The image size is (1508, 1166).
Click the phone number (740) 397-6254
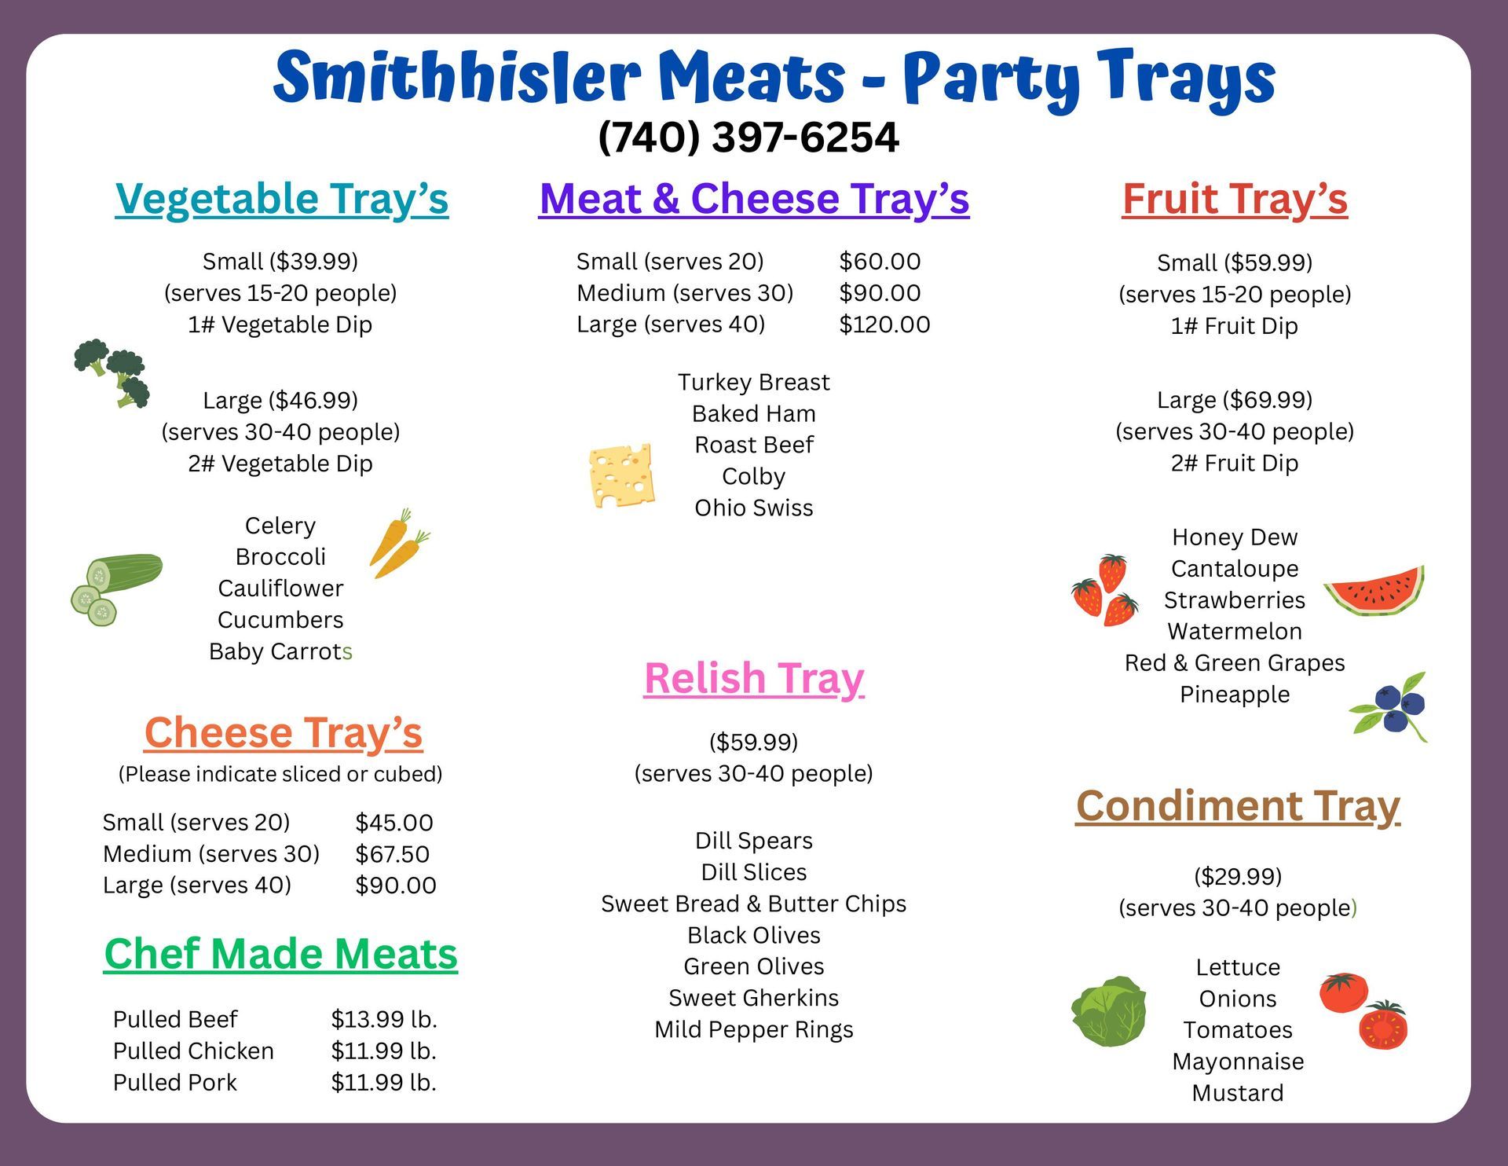748,137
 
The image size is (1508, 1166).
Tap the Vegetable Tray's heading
281,198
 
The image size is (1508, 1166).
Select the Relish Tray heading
753,678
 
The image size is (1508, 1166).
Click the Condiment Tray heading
1237,806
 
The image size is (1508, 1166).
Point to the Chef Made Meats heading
280,954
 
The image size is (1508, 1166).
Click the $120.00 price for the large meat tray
884,324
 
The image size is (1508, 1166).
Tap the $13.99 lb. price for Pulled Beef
383,1019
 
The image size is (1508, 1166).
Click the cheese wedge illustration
621,475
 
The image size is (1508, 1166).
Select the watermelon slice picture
1374,589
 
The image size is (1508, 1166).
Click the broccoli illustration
113,372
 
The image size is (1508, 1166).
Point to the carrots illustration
399,542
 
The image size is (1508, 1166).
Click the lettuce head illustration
1108,1011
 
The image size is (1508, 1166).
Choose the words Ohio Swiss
753,508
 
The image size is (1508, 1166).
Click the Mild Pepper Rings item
753,1029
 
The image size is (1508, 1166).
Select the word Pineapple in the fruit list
1234,695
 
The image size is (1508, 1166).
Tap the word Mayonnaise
1237,1061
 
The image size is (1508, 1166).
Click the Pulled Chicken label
193,1050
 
